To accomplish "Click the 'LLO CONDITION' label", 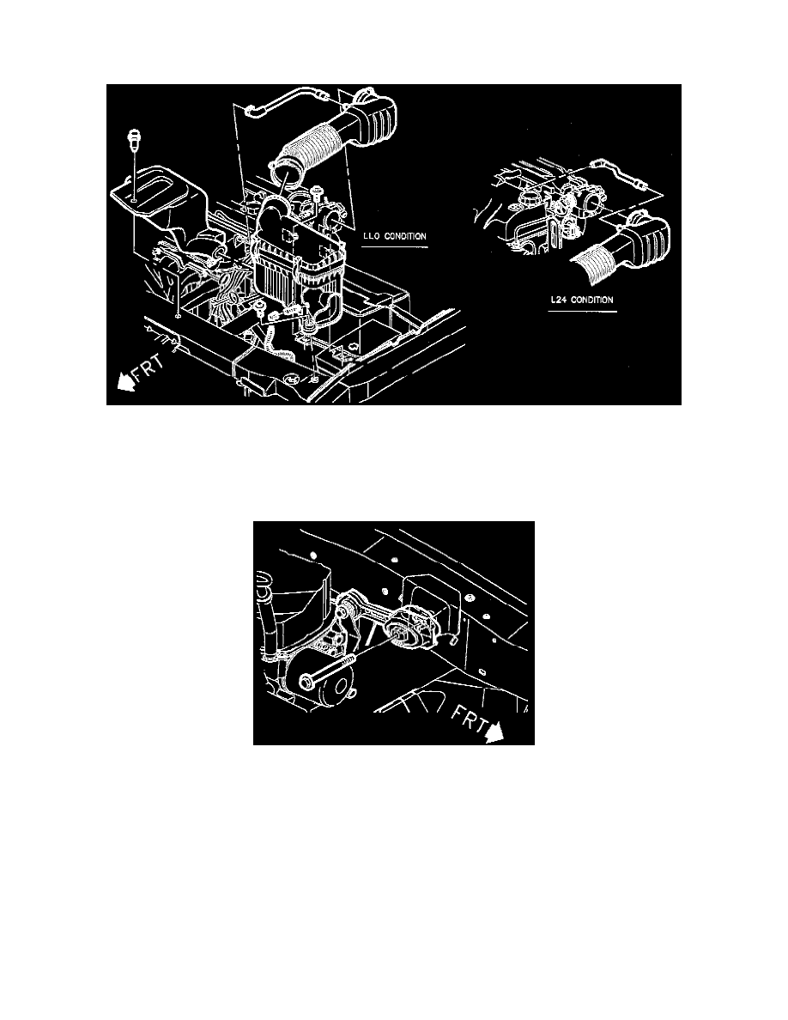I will coord(393,234).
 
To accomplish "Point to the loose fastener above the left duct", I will coord(135,139).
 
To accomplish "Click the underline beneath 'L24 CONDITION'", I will coord(584,312).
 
